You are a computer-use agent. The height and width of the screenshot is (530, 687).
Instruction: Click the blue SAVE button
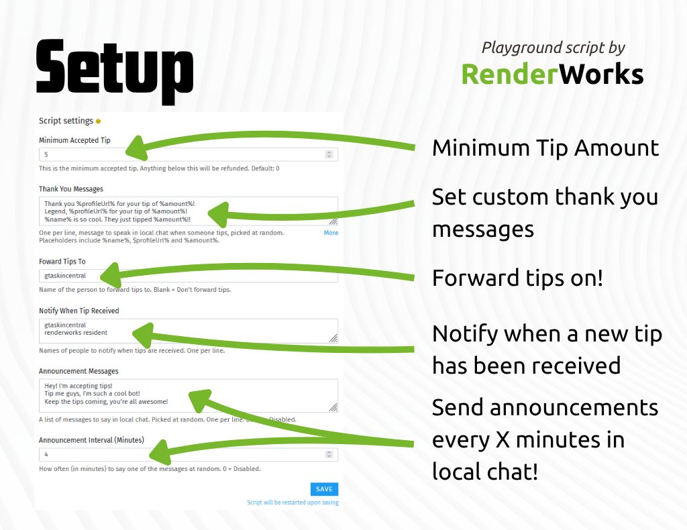pyautogui.click(x=324, y=489)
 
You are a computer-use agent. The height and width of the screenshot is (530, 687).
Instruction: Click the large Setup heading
pyautogui.click(x=114, y=72)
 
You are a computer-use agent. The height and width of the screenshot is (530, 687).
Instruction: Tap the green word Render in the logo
pyautogui.click(x=510, y=74)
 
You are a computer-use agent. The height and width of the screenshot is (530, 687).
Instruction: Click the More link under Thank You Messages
pyautogui.click(x=331, y=233)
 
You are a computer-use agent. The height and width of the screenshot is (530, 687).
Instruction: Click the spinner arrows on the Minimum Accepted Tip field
pyautogui.click(x=329, y=154)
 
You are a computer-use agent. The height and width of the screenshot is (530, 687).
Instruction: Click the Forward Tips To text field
pyautogui.click(x=189, y=276)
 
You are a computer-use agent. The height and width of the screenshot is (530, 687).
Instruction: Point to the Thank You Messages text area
pyautogui.click(x=189, y=211)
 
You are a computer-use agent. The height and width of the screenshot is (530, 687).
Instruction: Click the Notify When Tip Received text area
pyautogui.click(x=189, y=331)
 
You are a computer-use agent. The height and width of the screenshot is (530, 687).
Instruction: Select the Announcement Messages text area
pyautogui.click(x=189, y=396)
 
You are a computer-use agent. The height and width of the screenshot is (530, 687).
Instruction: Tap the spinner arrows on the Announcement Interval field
pyautogui.click(x=329, y=454)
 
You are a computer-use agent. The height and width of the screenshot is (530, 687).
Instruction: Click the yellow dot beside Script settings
pyautogui.click(x=98, y=121)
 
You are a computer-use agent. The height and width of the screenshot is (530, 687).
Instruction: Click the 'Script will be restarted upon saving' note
pyautogui.click(x=293, y=502)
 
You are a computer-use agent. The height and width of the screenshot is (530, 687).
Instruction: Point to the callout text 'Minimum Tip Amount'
pyautogui.click(x=545, y=148)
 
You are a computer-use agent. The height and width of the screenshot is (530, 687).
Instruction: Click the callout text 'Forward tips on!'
pyautogui.click(x=517, y=278)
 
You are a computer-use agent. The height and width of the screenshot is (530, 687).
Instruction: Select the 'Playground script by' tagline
pyautogui.click(x=553, y=48)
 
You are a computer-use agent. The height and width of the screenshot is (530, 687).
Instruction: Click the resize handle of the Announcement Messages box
pyautogui.click(x=333, y=408)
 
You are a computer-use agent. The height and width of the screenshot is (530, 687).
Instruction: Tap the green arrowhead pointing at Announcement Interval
pyautogui.click(x=161, y=452)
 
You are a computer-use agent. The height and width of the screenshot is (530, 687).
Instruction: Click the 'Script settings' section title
pyautogui.click(x=66, y=121)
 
